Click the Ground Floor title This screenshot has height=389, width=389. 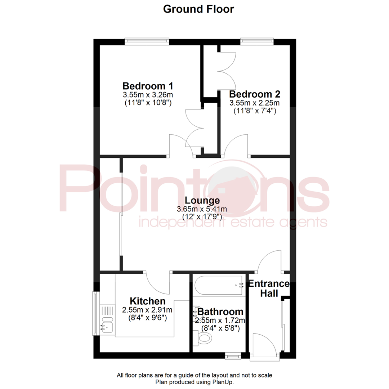[198, 9]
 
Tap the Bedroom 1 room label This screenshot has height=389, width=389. [148, 86]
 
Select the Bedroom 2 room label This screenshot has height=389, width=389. [255, 94]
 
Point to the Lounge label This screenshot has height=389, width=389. [202, 201]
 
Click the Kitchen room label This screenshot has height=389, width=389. [148, 301]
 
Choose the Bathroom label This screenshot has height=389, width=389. [220, 312]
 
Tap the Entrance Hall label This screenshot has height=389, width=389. [269, 289]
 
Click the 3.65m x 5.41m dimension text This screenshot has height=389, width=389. [202, 209]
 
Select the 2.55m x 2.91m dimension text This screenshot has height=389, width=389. [147, 310]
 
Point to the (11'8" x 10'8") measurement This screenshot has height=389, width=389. [148, 103]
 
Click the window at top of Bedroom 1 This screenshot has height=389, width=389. [147, 42]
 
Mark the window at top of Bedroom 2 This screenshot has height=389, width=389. [257, 42]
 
